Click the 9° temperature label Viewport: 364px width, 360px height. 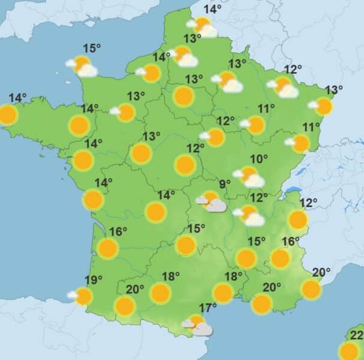point(225,184)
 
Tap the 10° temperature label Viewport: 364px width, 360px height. point(259,160)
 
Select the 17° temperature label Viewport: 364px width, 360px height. point(208,308)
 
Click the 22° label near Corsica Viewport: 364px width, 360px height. point(357,335)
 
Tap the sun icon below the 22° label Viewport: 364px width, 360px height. point(349,351)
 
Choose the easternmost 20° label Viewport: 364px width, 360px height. point(321,272)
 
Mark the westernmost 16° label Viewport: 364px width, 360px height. point(119,232)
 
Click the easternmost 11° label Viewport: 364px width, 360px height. point(311,127)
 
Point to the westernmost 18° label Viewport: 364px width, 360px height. point(171,277)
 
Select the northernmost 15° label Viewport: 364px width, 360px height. point(92,49)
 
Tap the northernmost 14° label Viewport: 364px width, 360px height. point(212,9)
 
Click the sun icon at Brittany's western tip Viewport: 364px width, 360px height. point(7,115)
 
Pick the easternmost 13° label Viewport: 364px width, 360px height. point(333,91)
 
